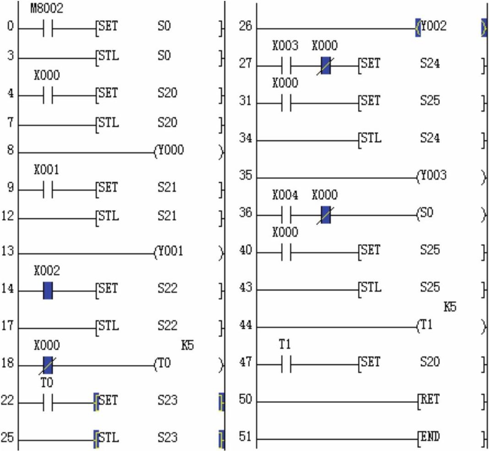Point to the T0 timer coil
tap(164, 364)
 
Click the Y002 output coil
tap(433, 27)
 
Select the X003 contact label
tap(285, 46)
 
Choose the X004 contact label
tap(285, 196)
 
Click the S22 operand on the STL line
tap(167, 326)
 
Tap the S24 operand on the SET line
tap(430, 63)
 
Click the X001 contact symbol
tap(48, 188)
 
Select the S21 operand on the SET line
tap(167, 188)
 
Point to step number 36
tap(246, 214)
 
